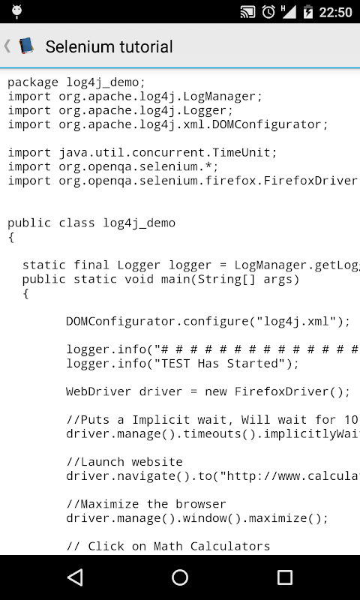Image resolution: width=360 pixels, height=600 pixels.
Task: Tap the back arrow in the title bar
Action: click(x=7, y=46)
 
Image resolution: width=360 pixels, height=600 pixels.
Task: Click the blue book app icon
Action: click(x=26, y=46)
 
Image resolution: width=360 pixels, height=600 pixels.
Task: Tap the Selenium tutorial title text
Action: click(x=109, y=46)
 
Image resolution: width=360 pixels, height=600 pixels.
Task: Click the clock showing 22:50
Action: click(x=335, y=12)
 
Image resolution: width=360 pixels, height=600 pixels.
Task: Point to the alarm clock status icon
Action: click(x=268, y=12)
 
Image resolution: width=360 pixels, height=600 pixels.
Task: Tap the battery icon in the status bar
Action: click(x=308, y=12)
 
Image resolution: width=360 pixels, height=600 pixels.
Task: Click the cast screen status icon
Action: click(x=248, y=12)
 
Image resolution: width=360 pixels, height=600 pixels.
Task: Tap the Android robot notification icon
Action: click(x=16, y=12)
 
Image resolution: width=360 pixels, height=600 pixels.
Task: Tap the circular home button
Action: click(x=180, y=577)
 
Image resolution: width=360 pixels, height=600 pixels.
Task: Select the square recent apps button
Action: click(x=285, y=577)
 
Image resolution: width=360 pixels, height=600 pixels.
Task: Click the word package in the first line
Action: click(x=33, y=82)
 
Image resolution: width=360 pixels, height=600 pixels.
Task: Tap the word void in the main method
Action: click(x=139, y=279)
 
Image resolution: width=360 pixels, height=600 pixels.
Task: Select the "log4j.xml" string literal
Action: click(x=295, y=322)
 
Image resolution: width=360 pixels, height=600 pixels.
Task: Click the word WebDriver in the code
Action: click(x=99, y=391)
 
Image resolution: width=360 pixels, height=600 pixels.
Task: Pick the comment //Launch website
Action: click(x=124, y=462)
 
